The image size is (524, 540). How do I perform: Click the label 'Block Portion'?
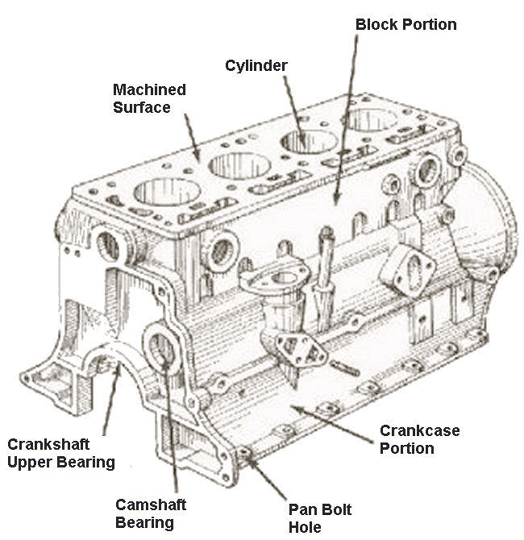(x=405, y=24)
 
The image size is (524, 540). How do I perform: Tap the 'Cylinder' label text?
(x=256, y=64)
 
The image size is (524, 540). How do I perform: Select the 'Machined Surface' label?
(x=148, y=98)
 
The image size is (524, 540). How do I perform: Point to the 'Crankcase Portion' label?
(x=419, y=439)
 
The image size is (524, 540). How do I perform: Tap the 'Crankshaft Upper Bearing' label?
(x=60, y=454)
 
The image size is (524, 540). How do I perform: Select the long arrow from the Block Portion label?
(x=345, y=121)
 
